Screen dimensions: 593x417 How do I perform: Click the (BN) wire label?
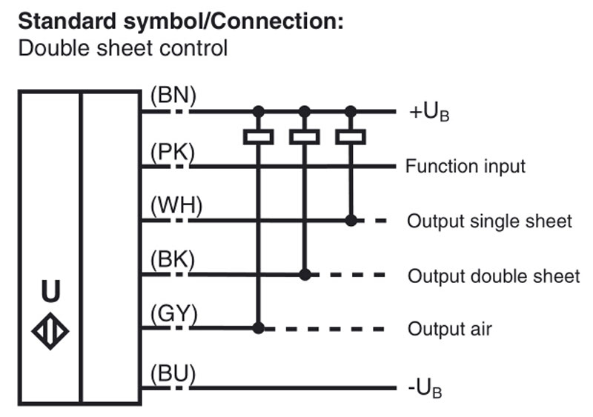[x=173, y=96]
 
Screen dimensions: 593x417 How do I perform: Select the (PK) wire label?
[x=173, y=152]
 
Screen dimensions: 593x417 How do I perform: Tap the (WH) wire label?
[x=176, y=206]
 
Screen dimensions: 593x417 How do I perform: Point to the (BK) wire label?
[x=173, y=260]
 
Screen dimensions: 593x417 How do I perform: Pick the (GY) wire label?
[x=174, y=314]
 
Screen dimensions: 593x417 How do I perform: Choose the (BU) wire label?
[x=173, y=373]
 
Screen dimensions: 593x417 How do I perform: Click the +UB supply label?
[x=429, y=113]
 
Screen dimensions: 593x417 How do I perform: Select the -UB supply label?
[x=425, y=389]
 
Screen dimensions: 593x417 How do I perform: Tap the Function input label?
[x=466, y=167]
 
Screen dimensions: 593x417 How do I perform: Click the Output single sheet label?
[x=489, y=221]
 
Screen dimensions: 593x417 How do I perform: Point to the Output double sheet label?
[x=494, y=276]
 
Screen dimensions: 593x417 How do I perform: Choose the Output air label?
[x=450, y=329]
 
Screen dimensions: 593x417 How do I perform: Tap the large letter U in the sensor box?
[x=50, y=291]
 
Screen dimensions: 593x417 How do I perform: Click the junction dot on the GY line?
[x=258, y=328]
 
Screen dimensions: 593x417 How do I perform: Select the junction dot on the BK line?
[x=305, y=275]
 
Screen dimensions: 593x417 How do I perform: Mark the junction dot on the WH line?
[x=351, y=220]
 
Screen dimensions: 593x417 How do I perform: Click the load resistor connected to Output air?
[x=258, y=136]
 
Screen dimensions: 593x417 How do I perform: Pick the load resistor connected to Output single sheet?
[x=351, y=136]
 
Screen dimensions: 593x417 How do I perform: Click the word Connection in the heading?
[x=275, y=21]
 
